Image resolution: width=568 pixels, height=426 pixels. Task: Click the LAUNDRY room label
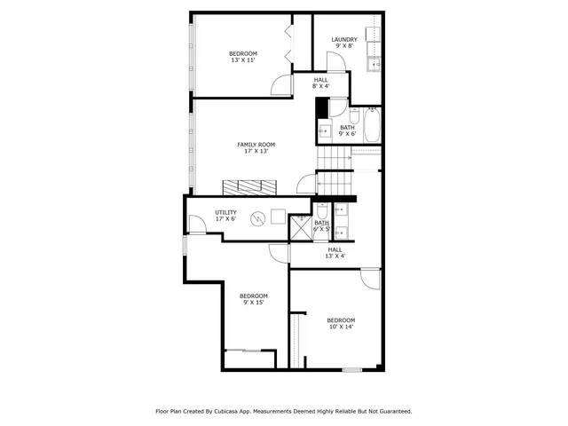point(344,39)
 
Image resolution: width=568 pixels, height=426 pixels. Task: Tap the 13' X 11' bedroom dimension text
point(243,61)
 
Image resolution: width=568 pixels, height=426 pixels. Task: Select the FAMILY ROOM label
point(256,145)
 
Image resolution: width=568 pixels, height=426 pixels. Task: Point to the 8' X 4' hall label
point(320,87)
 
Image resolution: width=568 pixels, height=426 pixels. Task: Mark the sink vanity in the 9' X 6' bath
point(324,131)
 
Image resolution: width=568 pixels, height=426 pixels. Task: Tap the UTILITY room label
point(225,212)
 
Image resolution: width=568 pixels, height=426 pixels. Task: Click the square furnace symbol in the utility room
point(279,215)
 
